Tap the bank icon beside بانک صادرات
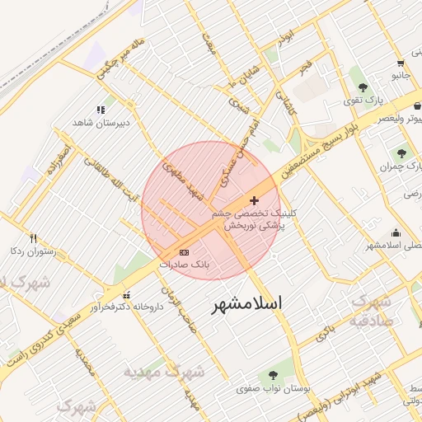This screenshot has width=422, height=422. point(184,252)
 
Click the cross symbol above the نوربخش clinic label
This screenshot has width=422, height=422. point(254,200)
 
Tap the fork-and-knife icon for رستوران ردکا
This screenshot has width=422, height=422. point(33,239)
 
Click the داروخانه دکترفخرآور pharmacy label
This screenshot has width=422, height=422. point(124,307)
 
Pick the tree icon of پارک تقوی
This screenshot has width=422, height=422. point(363,87)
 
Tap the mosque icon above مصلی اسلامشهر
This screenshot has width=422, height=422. point(396,232)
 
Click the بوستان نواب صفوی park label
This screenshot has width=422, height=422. point(268,387)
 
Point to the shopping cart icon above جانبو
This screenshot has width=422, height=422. point(401,63)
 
